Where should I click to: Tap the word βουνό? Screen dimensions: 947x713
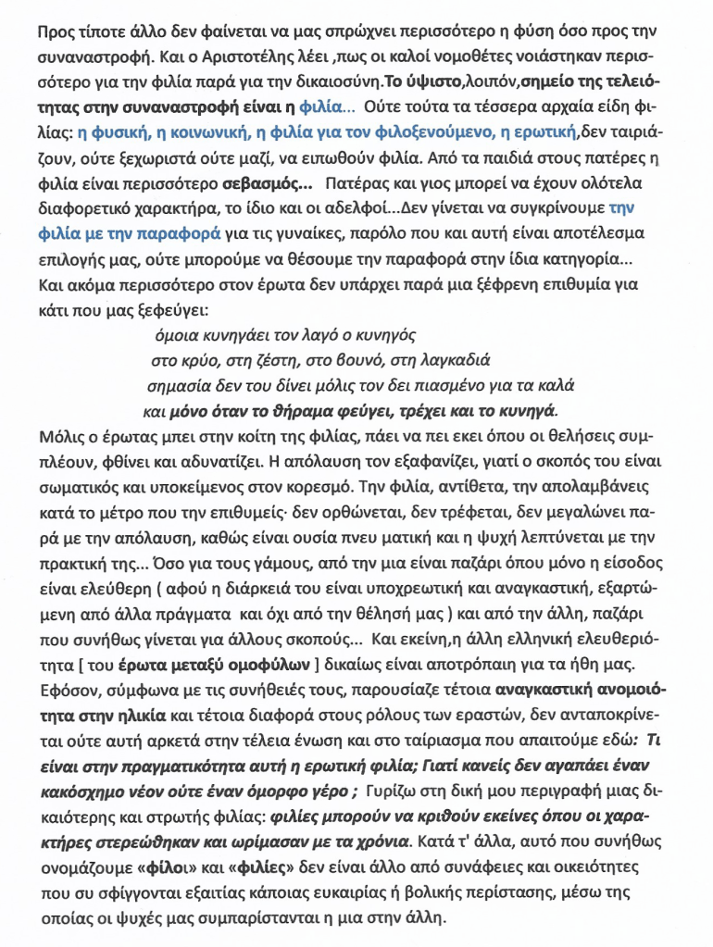click(x=338, y=360)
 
